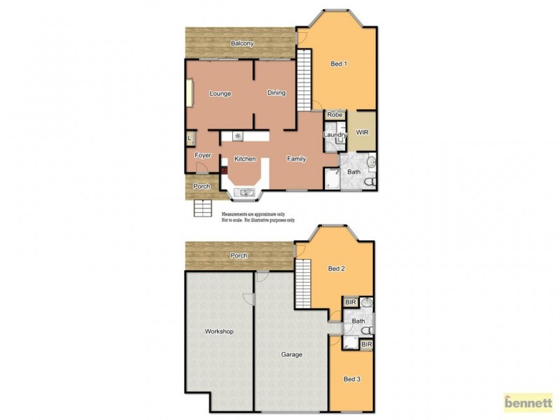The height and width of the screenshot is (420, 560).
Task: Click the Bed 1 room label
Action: coord(339,64)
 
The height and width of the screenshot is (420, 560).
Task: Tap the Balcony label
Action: coord(242,43)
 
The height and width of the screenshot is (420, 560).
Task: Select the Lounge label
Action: coord(220,93)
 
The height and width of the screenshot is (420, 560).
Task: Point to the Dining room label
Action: coord(276,93)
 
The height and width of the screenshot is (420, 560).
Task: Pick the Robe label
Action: coord(335,115)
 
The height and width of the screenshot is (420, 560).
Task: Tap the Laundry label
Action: coord(335,134)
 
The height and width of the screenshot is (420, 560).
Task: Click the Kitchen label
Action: coord(244,159)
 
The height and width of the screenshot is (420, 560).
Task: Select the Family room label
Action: coord(297,159)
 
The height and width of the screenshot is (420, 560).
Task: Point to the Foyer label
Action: coord(202,155)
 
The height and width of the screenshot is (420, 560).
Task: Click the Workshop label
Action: coord(218,331)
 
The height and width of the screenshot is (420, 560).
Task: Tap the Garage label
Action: coord(292,354)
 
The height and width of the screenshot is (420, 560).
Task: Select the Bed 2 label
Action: coord(337,268)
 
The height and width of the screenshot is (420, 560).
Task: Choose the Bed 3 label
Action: coord(351,379)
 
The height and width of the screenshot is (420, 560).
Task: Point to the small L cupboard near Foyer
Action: coord(189,138)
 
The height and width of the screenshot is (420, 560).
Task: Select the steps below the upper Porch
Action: coord(202,207)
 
